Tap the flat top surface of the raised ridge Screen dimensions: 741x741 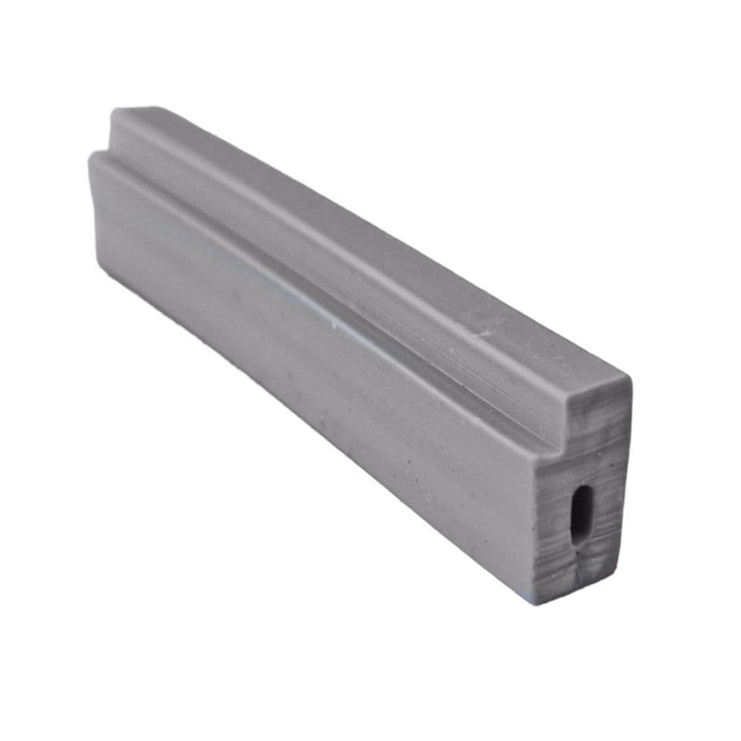(x=370, y=237)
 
